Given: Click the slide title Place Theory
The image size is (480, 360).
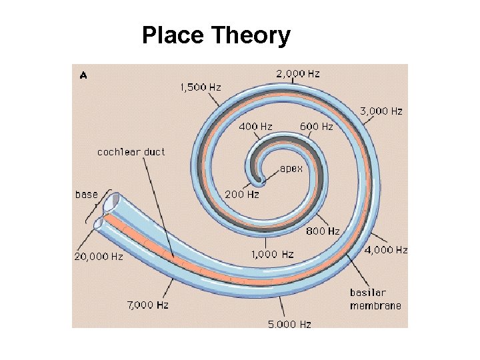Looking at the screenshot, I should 216,35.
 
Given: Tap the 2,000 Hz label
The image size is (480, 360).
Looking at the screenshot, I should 298,73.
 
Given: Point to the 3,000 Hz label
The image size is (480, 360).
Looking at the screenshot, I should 381,111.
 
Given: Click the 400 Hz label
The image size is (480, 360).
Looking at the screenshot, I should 255,126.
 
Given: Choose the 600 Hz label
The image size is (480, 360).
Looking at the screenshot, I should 317,126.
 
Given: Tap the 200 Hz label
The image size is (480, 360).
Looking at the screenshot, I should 242,195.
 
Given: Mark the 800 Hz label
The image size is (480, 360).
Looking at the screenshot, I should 323,231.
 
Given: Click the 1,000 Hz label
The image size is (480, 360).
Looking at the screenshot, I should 272,254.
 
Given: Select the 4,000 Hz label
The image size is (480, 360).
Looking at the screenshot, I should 386,250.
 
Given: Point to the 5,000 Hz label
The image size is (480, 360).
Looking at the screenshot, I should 289,324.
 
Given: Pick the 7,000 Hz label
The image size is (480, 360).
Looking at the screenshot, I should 148,305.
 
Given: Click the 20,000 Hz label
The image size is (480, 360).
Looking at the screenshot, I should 99,255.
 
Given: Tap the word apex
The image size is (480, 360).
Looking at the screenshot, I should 291,169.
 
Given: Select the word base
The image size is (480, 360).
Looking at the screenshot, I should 86,195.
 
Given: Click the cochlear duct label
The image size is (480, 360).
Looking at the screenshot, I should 131,151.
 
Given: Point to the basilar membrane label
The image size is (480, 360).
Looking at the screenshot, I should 375,299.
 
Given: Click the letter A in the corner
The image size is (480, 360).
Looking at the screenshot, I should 83,75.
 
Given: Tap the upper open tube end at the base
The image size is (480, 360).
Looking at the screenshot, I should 111,201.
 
